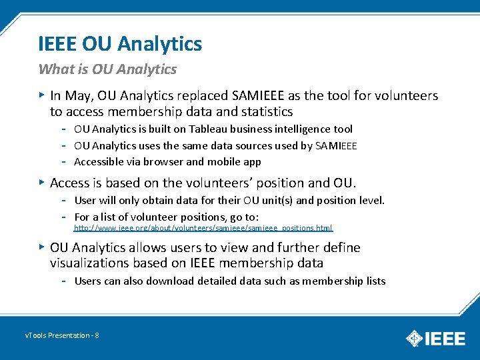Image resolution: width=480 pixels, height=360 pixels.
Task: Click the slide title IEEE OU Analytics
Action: point(120,45)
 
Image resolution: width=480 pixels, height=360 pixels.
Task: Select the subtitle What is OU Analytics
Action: point(107,69)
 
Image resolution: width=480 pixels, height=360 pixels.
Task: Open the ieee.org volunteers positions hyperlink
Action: point(203,228)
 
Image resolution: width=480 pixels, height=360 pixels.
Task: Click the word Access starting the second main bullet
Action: point(69,183)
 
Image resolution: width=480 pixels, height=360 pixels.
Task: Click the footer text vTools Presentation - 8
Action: point(62,335)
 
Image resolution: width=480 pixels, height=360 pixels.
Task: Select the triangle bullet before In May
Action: point(42,96)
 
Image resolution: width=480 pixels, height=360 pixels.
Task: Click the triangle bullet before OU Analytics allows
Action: point(42,247)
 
